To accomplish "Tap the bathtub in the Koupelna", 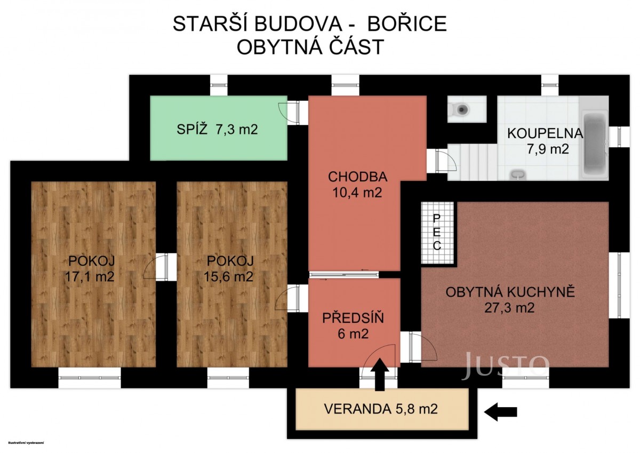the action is point(595,144).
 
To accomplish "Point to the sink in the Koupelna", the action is point(517,174).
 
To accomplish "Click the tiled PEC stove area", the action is point(437,233).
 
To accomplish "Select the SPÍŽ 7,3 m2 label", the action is point(217,130).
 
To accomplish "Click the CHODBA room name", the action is point(357,177).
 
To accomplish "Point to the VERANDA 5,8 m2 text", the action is point(381,409).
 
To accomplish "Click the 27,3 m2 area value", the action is point(509,308).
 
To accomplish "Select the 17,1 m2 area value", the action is point(90,276).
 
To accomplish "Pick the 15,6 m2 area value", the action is point(228,276).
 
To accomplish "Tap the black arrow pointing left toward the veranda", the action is point(501,412).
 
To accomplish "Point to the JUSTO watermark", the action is point(505,366).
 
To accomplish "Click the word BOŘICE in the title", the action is point(407,23).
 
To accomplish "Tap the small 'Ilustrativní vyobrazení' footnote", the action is point(26,443).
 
